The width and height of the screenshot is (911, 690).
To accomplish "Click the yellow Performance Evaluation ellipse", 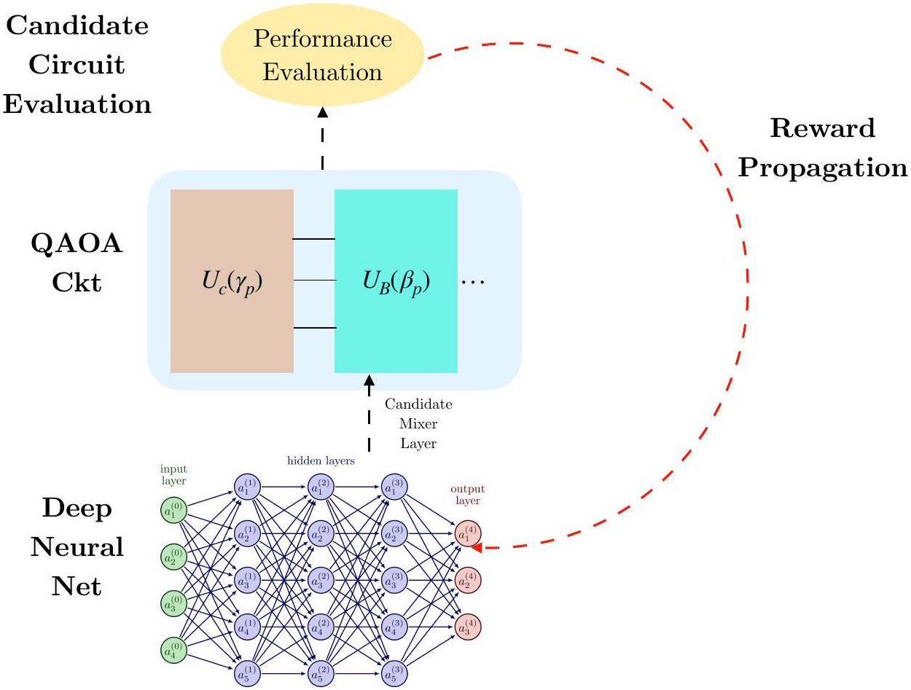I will tap(322, 55).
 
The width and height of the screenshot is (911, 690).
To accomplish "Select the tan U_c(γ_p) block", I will tap(232, 281).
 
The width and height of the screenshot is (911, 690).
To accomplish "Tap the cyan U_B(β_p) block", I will tap(396, 281).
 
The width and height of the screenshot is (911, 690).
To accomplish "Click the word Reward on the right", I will tap(822, 129).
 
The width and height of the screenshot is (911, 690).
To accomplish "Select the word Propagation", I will tap(822, 168).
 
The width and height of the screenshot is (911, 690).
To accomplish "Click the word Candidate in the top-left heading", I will tap(77, 26).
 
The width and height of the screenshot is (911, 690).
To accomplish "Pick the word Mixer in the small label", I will tap(418, 423).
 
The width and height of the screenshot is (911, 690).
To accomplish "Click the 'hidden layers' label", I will tap(321, 460).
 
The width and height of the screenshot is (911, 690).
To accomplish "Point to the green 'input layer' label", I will tap(173, 474).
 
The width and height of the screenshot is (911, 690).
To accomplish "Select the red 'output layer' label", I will tap(467, 495).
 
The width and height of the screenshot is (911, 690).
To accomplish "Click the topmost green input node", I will tap(173, 511).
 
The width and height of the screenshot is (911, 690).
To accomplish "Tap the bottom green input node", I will tap(173, 649).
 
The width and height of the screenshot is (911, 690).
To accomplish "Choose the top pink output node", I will tap(467, 535).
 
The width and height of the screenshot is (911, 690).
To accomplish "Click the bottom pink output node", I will tap(467, 627).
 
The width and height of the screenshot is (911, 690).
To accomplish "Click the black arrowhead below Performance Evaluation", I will tap(322, 112).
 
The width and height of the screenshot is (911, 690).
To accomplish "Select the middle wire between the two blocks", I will tap(313, 280).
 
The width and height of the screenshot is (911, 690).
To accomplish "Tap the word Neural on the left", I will tap(77, 546).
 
